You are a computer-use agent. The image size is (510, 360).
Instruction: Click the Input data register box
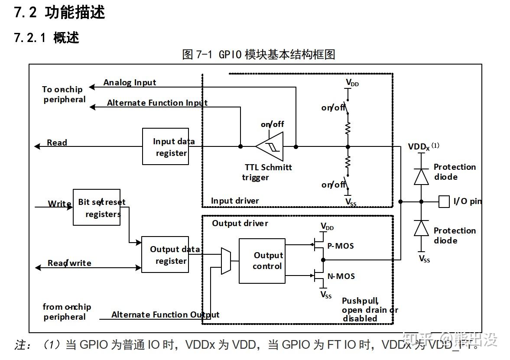[x=166, y=146]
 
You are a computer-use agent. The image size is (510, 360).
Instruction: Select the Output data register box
[x=165, y=254]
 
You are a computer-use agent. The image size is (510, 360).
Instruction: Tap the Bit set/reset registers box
[x=96, y=207]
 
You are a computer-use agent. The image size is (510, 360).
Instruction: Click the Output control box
[x=262, y=261]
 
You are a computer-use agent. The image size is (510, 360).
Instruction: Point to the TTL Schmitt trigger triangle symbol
[x=270, y=147]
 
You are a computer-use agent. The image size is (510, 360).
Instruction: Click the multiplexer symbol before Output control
[x=225, y=261]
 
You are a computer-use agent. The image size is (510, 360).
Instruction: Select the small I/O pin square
[x=444, y=201]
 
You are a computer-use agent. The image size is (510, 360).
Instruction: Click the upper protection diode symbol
[x=421, y=176]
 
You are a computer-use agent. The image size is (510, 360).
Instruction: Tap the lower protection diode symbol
[x=421, y=228]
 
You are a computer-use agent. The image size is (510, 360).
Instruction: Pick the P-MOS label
[x=340, y=246]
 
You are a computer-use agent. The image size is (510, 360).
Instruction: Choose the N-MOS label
[x=341, y=276]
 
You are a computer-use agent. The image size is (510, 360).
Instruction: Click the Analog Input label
[x=130, y=82]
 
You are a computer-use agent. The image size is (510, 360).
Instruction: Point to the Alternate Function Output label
[x=165, y=315]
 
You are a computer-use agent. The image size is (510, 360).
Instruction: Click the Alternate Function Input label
[x=157, y=103]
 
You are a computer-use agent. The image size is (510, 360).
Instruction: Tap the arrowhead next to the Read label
[x=37, y=146]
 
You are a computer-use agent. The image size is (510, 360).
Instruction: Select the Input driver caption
[x=234, y=201]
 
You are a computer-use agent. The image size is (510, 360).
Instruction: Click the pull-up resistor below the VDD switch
[x=347, y=128]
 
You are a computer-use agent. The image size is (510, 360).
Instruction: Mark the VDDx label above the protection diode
[x=419, y=146]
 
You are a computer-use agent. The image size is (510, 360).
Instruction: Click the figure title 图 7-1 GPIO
[x=259, y=54]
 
